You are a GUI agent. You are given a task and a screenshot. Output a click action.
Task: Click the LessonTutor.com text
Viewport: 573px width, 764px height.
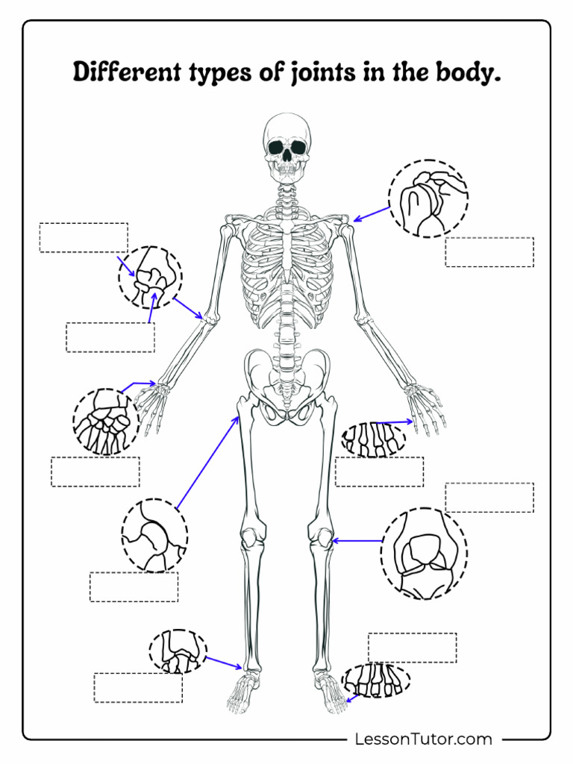[x=423, y=739]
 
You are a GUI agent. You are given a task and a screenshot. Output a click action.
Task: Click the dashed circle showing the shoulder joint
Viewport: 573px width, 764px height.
[x=428, y=198]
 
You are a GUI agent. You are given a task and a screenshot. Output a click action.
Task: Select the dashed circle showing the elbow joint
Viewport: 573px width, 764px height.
[x=150, y=277]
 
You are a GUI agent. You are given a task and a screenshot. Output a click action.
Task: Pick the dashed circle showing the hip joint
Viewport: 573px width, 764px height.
[x=154, y=536]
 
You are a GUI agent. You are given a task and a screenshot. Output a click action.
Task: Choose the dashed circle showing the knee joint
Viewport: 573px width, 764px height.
[x=424, y=553]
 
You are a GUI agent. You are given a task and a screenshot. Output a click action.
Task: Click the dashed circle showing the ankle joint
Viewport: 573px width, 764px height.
[x=178, y=651]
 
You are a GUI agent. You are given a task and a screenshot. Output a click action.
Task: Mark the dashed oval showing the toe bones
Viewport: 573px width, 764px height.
[x=376, y=680]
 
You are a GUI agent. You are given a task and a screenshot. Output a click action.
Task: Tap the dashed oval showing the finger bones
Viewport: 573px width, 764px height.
[x=373, y=439]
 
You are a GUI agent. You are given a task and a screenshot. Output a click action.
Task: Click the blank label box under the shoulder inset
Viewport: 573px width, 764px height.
[x=489, y=252]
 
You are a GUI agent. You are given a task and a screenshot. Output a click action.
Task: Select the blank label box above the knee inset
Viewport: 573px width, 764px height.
[x=489, y=498]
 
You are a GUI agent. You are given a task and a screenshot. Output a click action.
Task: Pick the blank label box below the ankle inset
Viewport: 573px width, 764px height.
[x=138, y=687]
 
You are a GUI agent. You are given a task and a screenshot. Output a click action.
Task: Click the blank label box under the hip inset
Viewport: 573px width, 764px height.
[x=134, y=586]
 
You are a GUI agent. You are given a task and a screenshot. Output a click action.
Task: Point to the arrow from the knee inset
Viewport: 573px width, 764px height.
[x=357, y=540]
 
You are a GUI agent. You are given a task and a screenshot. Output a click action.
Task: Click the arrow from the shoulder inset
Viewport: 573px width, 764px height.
[x=371, y=213]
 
